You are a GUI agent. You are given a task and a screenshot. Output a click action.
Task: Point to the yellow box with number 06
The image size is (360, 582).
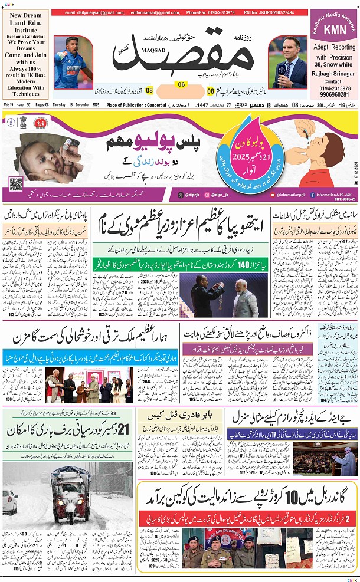coord(181,85)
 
